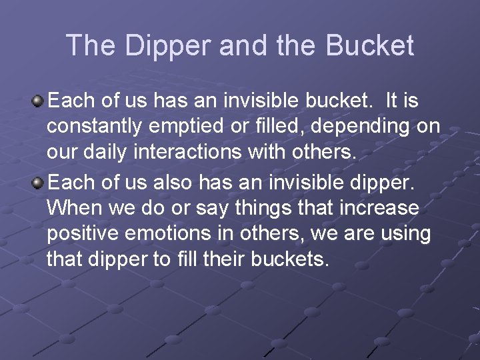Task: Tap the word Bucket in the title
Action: (x=370, y=45)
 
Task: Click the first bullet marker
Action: (x=38, y=101)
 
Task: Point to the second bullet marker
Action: (x=38, y=182)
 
